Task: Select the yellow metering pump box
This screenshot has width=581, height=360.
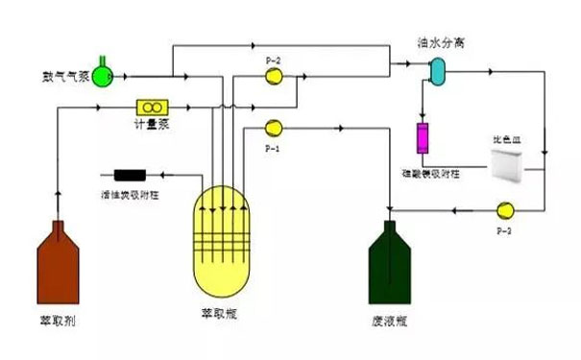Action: (153, 106)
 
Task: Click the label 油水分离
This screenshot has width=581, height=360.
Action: (437, 41)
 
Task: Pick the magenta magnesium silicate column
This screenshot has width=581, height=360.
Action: (423, 138)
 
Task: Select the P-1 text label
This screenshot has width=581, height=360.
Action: (273, 146)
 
